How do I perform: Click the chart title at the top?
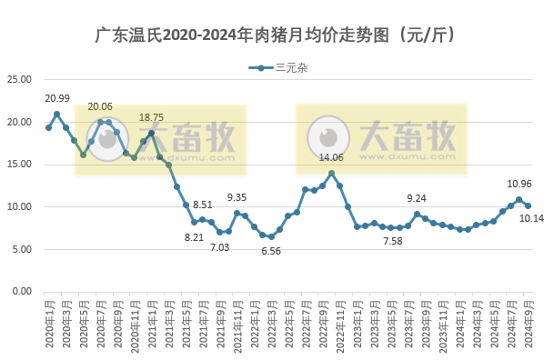pyautogui.click(x=276, y=35)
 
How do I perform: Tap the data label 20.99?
pyautogui.click(x=57, y=98)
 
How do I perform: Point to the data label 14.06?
pyautogui.click(x=331, y=157)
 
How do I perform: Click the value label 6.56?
pyautogui.click(x=271, y=251)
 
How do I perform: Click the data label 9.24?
pyautogui.click(x=417, y=198)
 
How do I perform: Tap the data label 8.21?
pyautogui.click(x=195, y=237)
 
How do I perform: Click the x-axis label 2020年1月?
pyautogui.click(x=48, y=325)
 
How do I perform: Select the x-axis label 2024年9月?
pyautogui.click(x=529, y=325)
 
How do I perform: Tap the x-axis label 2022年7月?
pyautogui.click(x=306, y=325)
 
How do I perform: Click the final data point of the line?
pyautogui.click(x=528, y=205)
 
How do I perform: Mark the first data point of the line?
pyautogui.click(x=48, y=127)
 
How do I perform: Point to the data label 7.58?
pyautogui.click(x=393, y=241)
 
